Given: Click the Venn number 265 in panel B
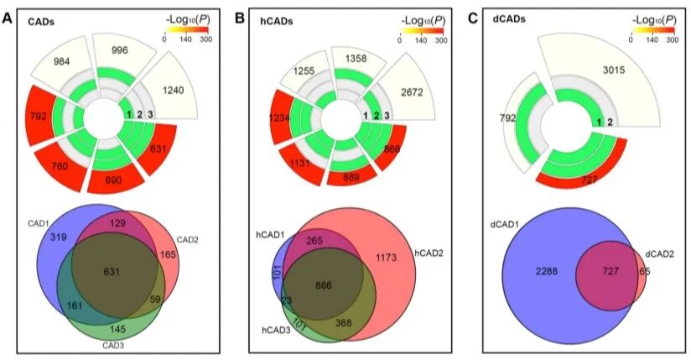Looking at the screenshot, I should [x=315, y=241].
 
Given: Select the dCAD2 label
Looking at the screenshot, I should [x=660, y=252].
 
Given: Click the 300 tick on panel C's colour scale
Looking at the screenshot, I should [x=672, y=39].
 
